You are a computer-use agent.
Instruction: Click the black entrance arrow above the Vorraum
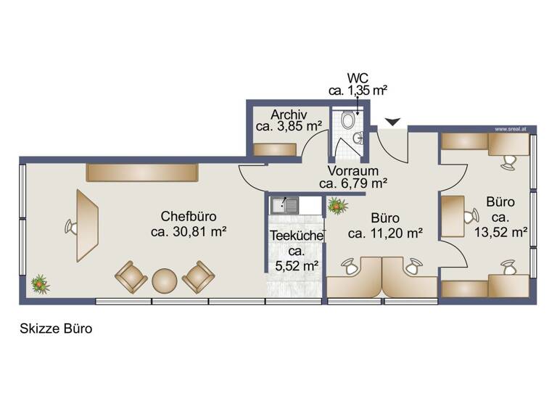pyautogui.click(x=392, y=123)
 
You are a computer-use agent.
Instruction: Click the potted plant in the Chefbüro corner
pyautogui.click(x=39, y=283)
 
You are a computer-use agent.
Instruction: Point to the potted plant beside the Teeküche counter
pyautogui.click(x=336, y=207)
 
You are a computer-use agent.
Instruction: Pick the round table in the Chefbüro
pyautogui.click(x=165, y=279)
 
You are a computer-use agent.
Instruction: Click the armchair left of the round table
pyautogui.click(x=131, y=276)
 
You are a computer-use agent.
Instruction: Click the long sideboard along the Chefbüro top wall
pyautogui.click(x=142, y=172)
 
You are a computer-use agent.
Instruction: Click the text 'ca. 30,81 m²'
pyautogui.click(x=189, y=231)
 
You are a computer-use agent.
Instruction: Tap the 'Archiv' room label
pyautogui.click(x=289, y=115)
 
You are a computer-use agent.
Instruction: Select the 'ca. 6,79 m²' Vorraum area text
pyautogui.click(x=352, y=183)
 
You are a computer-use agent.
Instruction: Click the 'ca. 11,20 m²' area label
pyautogui.click(x=385, y=233)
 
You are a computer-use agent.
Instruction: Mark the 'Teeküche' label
pyautogui.click(x=295, y=236)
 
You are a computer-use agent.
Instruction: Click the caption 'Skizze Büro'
pyautogui.click(x=55, y=328)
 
